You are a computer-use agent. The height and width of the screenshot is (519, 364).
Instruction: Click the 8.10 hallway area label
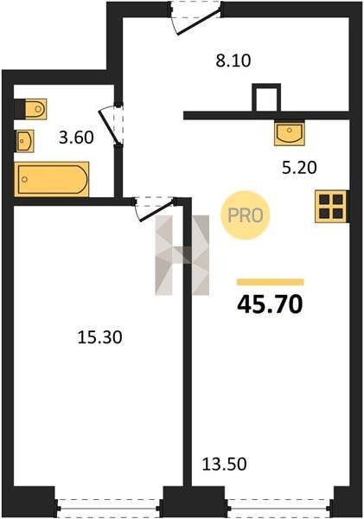tap(233, 61)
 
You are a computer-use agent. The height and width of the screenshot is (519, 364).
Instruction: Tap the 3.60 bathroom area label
tap(76, 138)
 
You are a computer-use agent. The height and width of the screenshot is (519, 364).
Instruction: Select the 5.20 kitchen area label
tap(299, 168)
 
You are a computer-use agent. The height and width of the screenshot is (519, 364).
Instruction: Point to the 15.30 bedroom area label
tap(100, 337)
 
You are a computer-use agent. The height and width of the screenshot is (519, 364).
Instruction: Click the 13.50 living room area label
tap(224, 464)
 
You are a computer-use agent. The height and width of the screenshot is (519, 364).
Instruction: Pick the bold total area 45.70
tap(270, 304)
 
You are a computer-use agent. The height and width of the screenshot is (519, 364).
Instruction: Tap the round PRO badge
tap(246, 215)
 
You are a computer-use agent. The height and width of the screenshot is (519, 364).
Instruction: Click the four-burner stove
tap(331, 206)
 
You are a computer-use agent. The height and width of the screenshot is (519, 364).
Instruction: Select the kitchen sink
tap(290, 132)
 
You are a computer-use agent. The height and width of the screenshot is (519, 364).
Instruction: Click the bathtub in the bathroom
tap(52, 179)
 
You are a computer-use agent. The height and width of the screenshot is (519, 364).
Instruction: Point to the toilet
tap(31, 109)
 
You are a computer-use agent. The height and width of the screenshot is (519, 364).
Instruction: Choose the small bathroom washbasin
tap(25, 141)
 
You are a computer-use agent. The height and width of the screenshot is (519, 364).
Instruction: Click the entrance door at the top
tap(196, 17)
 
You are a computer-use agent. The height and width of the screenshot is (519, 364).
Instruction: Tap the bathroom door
tap(112, 125)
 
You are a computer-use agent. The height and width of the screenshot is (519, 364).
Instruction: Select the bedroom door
tap(155, 208)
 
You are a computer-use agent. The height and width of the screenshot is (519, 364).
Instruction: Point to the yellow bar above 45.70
tap(270, 282)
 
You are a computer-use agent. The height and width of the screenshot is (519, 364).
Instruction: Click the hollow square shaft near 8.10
tap(266, 97)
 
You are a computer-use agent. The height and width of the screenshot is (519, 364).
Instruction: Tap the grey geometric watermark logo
tap(182, 255)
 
